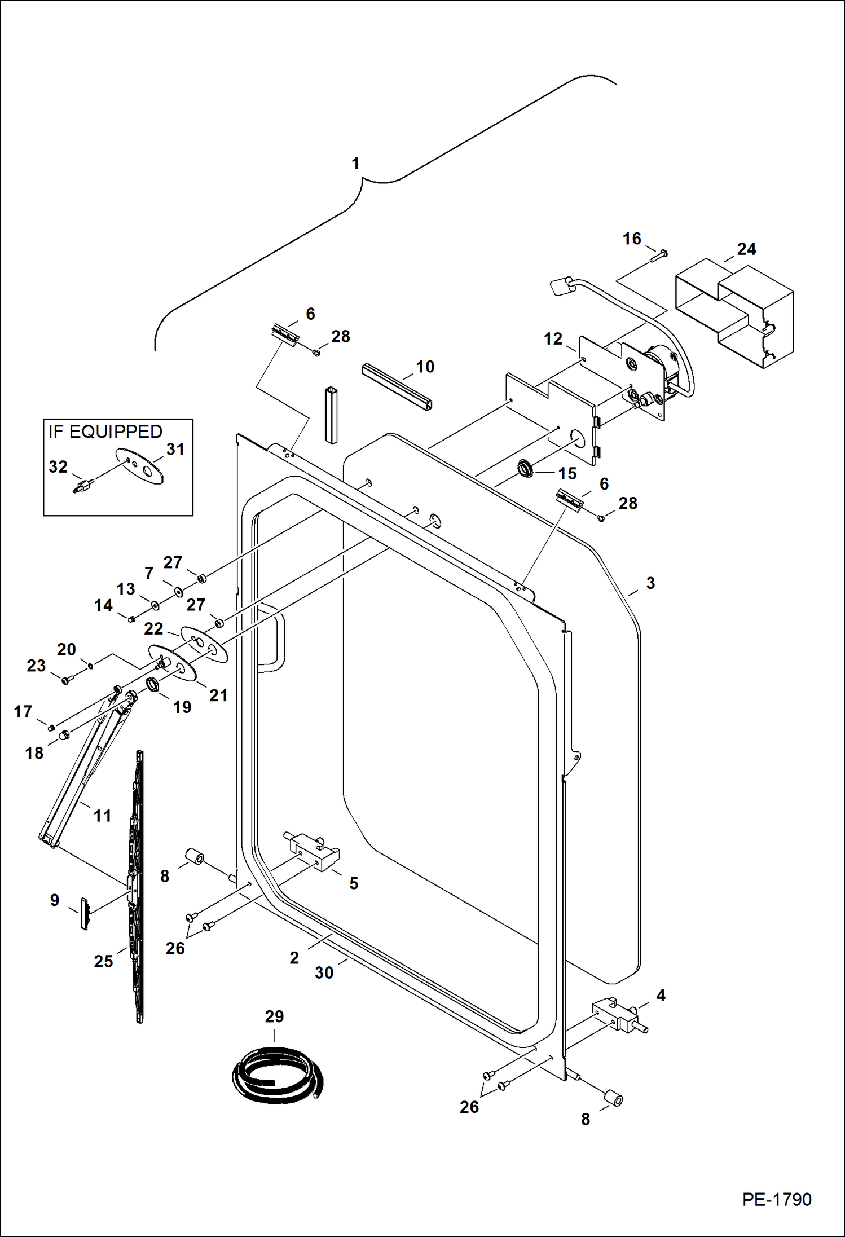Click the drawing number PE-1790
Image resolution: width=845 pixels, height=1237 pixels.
tap(776, 1199)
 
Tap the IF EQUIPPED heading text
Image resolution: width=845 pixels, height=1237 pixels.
tap(105, 432)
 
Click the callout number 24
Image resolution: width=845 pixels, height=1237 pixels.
tap(746, 249)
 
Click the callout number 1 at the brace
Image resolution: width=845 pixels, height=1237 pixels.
tap(355, 164)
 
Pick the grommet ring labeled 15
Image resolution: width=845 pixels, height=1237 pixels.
tap(526, 468)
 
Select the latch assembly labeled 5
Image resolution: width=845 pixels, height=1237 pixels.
tap(313, 851)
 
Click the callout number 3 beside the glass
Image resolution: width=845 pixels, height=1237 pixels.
tap(650, 583)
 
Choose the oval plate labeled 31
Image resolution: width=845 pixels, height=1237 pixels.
tap(140, 466)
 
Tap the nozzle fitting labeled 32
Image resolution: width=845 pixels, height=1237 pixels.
tap(83, 486)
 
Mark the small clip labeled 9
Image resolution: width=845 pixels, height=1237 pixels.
tap(85, 913)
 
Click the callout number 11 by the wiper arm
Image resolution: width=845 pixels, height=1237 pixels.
tap(102, 816)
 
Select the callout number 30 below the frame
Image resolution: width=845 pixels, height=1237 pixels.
tap(324, 972)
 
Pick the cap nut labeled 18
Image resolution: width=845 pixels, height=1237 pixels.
tap(64, 734)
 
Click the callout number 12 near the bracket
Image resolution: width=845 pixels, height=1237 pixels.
tap(553, 339)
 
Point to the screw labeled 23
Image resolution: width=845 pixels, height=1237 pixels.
tap(66, 680)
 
